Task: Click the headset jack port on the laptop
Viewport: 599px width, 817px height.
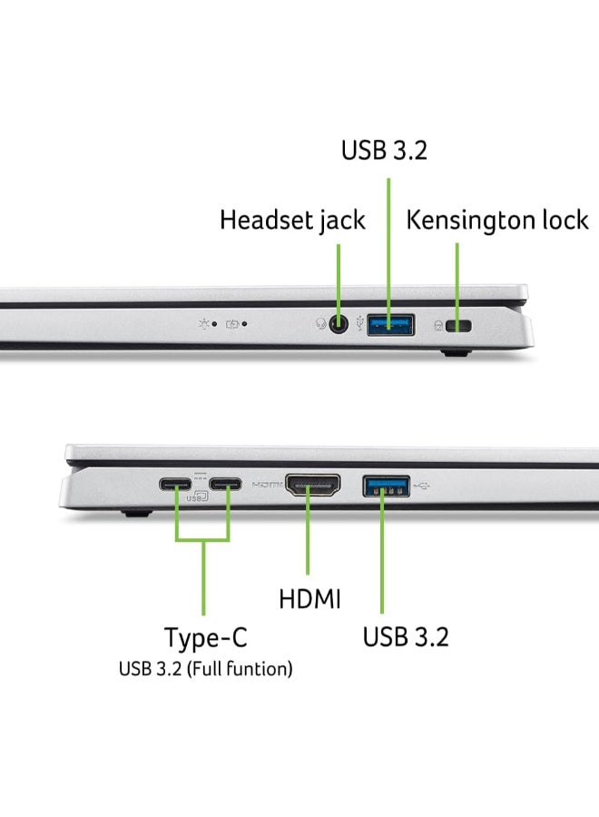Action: (x=339, y=323)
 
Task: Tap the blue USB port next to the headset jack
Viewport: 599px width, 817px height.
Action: (x=390, y=322)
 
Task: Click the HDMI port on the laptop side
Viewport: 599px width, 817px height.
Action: (x=312, y=486)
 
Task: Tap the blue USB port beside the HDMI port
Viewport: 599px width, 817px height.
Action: (x=386, y=486)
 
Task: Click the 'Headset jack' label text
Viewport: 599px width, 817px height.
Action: (x=292, y=220)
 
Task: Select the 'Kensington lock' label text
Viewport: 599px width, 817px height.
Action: (x=496, y=220)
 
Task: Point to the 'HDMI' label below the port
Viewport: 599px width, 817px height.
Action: (x=309, y=599)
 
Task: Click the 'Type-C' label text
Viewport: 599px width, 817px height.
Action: (x=205, y=637)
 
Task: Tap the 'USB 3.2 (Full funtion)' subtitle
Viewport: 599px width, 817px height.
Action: (x=205, y=670)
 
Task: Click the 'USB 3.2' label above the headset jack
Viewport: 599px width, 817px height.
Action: (x=384, y=150)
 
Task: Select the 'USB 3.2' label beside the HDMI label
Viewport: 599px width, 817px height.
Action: (x=406, y=636)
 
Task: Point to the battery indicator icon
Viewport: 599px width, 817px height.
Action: (x=234, y=323)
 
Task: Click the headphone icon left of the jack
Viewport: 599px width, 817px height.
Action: (x=321, y=324)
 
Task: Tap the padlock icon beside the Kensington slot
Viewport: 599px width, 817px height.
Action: (x=440, y=325)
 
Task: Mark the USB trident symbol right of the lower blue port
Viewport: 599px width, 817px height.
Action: (x=424, y=485)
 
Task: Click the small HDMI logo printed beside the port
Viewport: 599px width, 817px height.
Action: (x=267, y=486)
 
